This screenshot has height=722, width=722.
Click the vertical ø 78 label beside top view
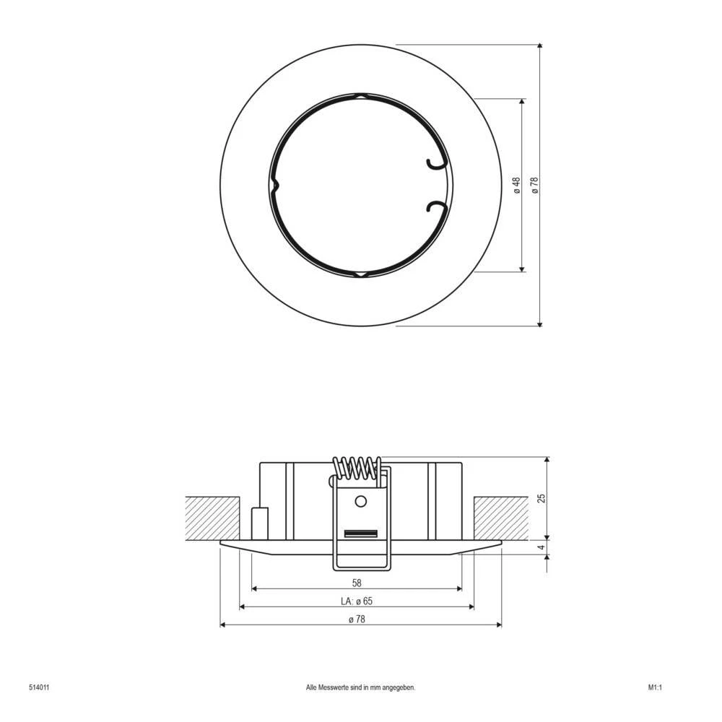click(535, 186)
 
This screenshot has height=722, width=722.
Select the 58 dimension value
click(356, 582)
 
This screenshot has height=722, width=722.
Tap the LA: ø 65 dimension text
click(356, 601)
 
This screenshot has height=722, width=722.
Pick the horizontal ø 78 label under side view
click(356, 619)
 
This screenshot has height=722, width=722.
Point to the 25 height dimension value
click(541, 497)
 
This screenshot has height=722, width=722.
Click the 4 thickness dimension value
click(541, 548)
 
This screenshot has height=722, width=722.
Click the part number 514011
click(39, 688)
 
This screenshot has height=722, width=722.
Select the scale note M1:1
click(655, 688)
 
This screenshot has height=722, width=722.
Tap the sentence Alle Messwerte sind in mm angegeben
click(361, 688)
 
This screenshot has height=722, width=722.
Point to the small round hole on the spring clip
click(361, 501)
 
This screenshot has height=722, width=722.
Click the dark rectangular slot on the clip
click(361, 534)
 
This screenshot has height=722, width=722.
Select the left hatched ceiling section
click(213, 518)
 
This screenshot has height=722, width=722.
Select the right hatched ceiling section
click(500, 518)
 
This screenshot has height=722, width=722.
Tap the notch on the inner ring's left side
click(274, 185)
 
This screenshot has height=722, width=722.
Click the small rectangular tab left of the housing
click(259, 523)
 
